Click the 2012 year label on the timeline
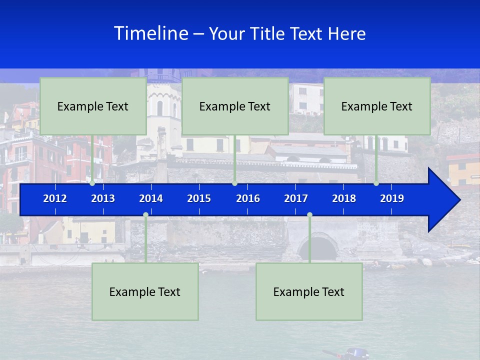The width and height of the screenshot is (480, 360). pos(55,198)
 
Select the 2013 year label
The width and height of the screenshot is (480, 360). pos(103,198)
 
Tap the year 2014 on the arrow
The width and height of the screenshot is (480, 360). pos(151,198)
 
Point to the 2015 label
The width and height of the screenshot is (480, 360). pos(199,198)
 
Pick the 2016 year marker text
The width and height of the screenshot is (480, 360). pos(248,198)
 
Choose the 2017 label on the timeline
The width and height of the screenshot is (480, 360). pos(296,198)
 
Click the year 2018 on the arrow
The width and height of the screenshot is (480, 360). pos(344,198)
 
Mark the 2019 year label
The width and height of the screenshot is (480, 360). pos(392,198)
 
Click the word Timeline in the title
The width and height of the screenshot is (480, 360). pos(151,33)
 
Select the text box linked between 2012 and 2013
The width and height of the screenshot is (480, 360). pos(93,106)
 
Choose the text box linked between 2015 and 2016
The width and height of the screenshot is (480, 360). pos(235,106)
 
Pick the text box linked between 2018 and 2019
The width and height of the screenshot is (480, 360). pos(377,106)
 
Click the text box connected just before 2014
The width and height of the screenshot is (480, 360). pos(145,291)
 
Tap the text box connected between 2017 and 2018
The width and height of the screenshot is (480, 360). pos(309,291)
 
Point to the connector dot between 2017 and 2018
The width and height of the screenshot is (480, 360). pos(309,215)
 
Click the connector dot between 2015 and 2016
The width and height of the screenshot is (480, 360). pos(234,183)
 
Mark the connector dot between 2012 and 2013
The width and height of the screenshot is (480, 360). pos(92,183)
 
